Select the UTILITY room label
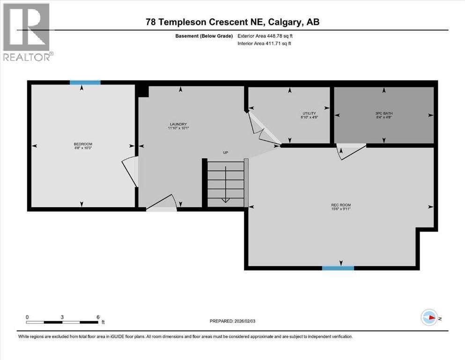click(x=309, y=113)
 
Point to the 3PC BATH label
click(x=384, y=113)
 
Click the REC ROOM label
click(x=340, y=205)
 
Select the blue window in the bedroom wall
click(x=85, y=82)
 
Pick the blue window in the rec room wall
click(x=338, y=268)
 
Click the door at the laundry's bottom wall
click(x=162, y=204)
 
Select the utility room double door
click(x=262, y=128)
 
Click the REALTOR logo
click(x=27, y=32)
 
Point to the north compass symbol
click(x=428, y=318)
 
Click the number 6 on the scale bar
click(x=98, y=317)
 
